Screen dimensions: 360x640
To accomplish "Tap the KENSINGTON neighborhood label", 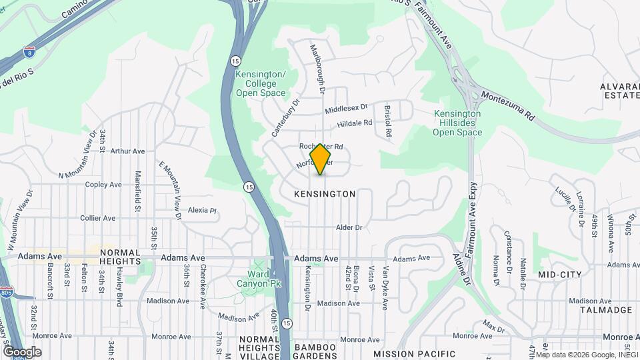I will click(325, 194).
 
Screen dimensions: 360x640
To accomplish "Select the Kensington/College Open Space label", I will click(261, 84).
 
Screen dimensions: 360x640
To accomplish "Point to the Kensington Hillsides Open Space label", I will click(457, 123).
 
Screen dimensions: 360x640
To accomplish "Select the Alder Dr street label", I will click(349, 227).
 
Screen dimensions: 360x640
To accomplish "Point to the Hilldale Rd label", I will click(354, 123).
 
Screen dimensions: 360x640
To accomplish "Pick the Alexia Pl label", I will click(203, 210).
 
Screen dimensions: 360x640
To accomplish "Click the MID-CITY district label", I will click(559, 275).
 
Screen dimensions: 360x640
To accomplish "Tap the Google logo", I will click(22, 351).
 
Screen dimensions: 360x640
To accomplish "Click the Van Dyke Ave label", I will click(385, 289).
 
